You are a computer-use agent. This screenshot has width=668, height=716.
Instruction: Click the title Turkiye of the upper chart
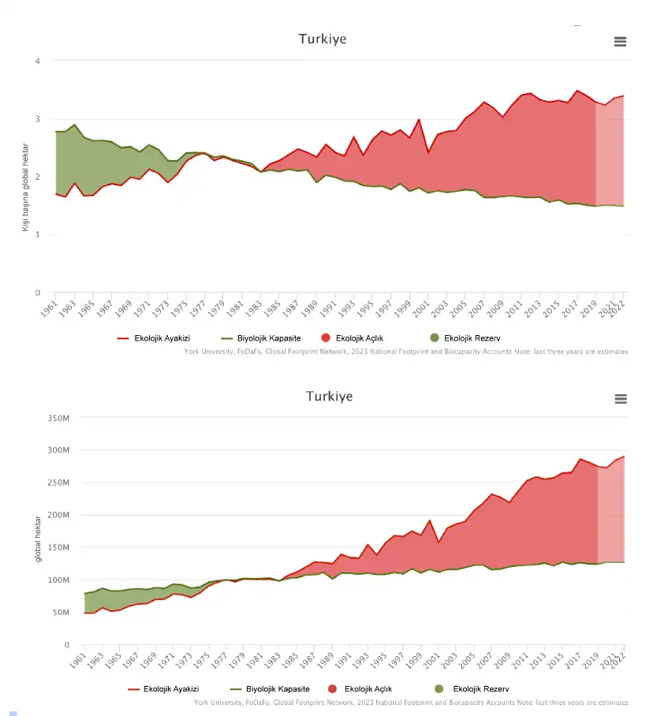[x=322, y=39]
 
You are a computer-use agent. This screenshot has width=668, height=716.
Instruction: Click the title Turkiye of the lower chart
[x=329, y=396]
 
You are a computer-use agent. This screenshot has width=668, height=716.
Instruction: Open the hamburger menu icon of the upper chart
[x=620, y=42]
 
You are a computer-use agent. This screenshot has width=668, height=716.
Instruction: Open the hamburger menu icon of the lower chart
[x=620, y=399]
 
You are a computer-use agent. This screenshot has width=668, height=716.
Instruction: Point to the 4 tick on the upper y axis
[x=37, y=61]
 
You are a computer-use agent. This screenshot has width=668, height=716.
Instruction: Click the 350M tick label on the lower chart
[x=59, y=418]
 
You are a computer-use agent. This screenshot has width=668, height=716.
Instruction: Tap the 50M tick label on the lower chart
[x=62, y=613]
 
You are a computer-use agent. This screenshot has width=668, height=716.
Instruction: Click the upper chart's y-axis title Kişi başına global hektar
[x=25, y=186]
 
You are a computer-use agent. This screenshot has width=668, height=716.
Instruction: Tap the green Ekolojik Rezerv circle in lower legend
[x=440, y=689]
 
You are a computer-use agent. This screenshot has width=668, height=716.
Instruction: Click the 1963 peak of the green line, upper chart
[x=74, y=125]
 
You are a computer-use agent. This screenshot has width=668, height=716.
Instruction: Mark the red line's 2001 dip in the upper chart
[x=428, y=152]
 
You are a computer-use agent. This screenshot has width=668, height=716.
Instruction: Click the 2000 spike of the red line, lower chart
[x=429, y=520]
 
